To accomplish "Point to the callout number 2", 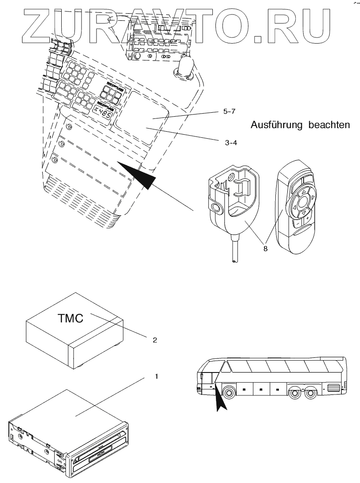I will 155,340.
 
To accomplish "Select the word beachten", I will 328,125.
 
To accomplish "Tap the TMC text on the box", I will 71,318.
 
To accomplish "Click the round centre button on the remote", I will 302,203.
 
